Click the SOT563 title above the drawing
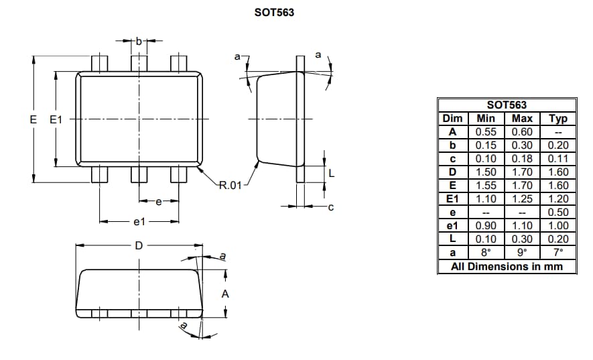pyautogui.click(x=273, y=13)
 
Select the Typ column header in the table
pyautogui.click(x=557, y=119)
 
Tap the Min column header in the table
pyautogui.click(x=486, y=119)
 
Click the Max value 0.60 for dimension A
pyautogui.click(x=522, y=132)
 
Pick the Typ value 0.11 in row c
pyautogui.click(x=557, y=159)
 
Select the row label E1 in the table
pyautogui.click(x=452, y=199)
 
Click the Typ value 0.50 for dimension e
pyautogui.click(x=557, y=213)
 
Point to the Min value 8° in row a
pyautogui.click(x=486, y=253)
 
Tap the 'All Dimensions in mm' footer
pyautogui.click(x=507, y=266)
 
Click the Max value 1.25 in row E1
pyautogui.click(x=522, y=199)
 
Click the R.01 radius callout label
pyautogui.click(x=230, y=185)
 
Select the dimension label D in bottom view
pyautogui.click(x=139, y=245)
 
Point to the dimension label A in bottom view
pyautogui.click(x=225, y=294)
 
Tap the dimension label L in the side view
pyautogui.click(x=331, y=173)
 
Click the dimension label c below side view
pyautogui.click(x=330, y=207)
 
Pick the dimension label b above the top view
pyautogui.click(x=139, y=42)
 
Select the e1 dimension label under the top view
pyautogui.click(x=139, y=221)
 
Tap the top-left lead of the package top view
pyautogui.click(x=100, y=64)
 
